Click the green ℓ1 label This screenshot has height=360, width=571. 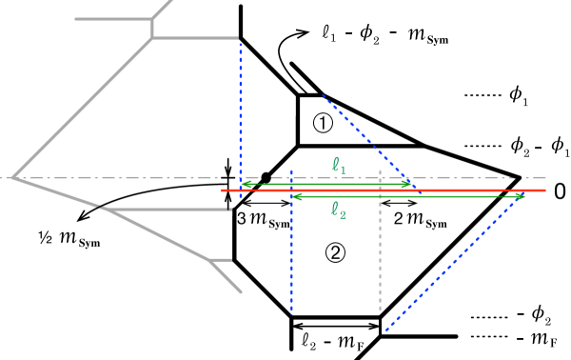click(x=339, y=166)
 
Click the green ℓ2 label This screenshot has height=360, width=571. click(x=338, y=210)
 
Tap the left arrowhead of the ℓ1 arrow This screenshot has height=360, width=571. click(x=246, y=184)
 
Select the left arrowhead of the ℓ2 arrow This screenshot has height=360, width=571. click(x=296, y=196)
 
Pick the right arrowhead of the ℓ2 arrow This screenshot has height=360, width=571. click(x=520, y=196)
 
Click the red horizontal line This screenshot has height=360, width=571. click(x=457, y=190)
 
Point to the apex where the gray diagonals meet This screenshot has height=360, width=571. click(x=14, y=177)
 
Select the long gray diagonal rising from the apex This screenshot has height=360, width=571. click(x=86, y=105)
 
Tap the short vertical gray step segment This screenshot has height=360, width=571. click(x=152, y=28)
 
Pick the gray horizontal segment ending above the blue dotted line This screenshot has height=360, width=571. click(x=195, y=38)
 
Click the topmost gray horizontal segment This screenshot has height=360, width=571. click(x=112, y=18)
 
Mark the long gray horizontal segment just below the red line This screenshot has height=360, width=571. click(x=167, y=209)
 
